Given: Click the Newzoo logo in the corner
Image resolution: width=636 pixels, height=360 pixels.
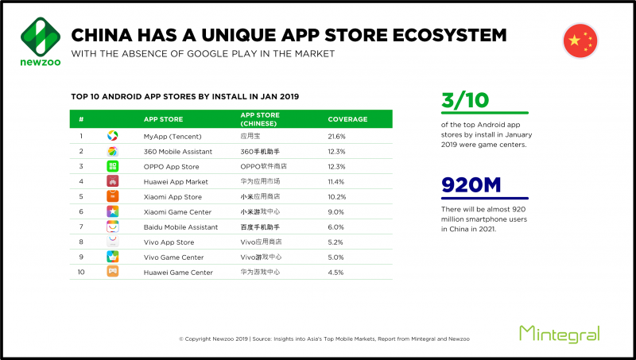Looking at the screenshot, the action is (x=41, y=41).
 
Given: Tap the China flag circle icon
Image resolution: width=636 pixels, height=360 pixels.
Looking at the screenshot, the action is (x=580, y=41).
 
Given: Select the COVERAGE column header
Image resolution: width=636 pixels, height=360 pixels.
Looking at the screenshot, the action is (x=347, y=119).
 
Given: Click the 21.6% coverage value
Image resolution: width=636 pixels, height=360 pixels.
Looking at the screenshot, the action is (x=336, y=137).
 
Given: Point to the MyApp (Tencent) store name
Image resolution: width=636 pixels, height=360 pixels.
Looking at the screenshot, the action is (x=173, y=137).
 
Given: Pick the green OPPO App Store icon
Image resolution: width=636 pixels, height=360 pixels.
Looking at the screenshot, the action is (x=112, y=166).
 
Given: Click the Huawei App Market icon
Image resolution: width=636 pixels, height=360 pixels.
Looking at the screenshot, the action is (x=112, y=181).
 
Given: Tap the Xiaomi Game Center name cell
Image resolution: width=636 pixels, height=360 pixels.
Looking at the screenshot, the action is (x=177, y=212).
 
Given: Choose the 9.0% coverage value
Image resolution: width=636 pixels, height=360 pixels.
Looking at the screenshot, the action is (x=335, y=212).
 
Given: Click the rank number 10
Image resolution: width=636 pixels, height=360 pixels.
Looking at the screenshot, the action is (x=81, y=272).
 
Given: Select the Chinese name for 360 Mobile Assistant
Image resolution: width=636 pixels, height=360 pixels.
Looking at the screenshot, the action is (x=260, y=152).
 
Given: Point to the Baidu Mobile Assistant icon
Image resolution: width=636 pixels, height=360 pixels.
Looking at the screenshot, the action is (x=112, y=226).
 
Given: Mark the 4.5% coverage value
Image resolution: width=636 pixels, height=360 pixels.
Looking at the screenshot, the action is (x=335, y=273).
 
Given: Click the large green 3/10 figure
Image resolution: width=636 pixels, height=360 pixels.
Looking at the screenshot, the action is (x=465, y=100).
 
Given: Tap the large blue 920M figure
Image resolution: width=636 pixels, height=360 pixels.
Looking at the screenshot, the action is (x=471, y=185).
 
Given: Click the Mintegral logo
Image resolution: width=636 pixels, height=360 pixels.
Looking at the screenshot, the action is (x=560, y=334).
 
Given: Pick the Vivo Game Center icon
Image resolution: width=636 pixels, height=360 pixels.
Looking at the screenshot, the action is (x=112, y=257).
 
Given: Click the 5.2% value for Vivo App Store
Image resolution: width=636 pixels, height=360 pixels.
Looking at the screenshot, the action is (x=335, y=242).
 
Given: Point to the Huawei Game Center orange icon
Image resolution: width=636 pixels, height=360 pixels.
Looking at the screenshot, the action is (x=112, y=271).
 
